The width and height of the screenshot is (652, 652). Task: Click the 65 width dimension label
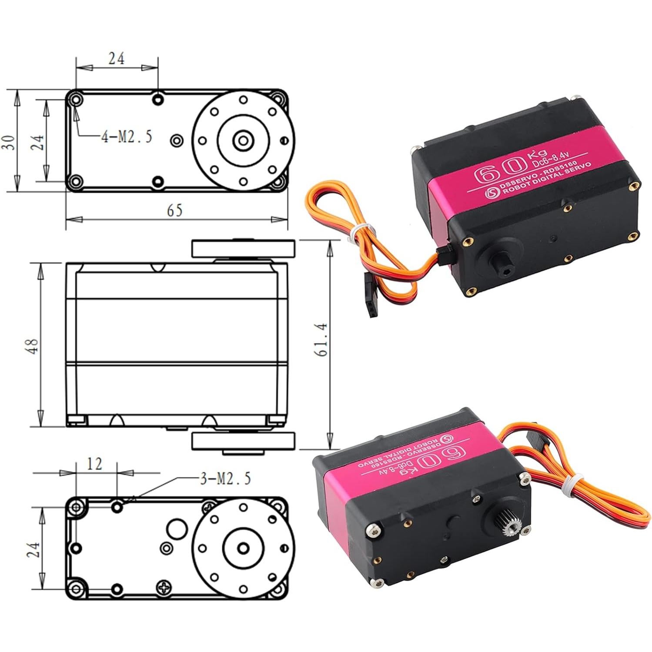(174, 211)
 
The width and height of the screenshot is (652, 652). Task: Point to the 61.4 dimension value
(323, 340)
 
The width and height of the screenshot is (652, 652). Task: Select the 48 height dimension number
(33, 346)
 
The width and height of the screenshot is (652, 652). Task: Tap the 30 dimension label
(10, 142)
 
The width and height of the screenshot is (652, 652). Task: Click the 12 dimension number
(94, 464)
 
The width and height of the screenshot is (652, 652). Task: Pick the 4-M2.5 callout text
(127, 137)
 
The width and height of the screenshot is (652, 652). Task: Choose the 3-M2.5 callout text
(225, 479)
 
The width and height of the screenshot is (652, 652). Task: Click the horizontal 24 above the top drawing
(116, 59)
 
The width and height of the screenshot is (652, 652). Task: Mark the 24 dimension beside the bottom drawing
(33, 549)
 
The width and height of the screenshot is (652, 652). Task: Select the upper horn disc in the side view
(244, 248)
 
